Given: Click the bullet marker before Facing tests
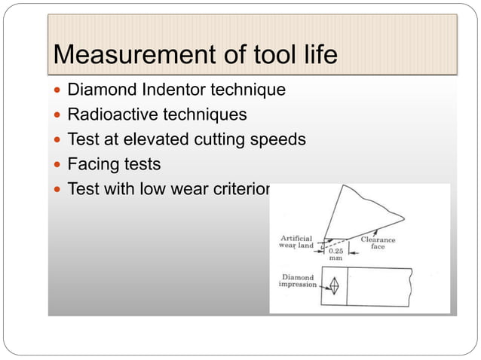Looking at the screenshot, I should (x=58, y=164).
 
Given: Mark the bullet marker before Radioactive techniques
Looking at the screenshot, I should (x=58, y=116).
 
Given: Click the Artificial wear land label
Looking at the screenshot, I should (x=295, y=241).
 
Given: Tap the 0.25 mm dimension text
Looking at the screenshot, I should (x=336, y=254).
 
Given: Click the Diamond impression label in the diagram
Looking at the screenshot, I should (x=297, y=280).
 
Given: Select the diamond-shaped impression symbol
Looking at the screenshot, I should (x=334, y=286).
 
